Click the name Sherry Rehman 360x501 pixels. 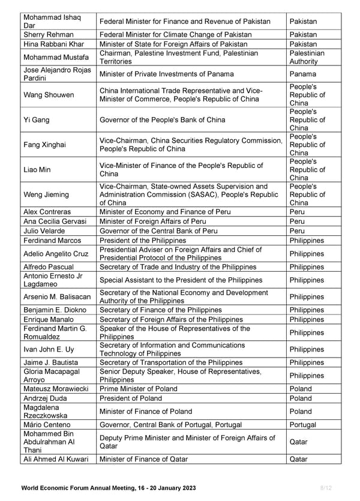(x=49, y=35)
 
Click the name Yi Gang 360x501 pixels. (x=36, y=120)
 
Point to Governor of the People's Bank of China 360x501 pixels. (x=163, y=120)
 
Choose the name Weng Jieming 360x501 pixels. (x=46, y=194)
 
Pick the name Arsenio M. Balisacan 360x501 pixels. (x=57, y=297)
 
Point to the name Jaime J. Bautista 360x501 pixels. (x=51, y=362)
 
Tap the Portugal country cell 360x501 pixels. (x=303, y=425)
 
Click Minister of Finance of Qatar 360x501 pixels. (x=143, y=459)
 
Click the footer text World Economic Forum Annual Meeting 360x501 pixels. (x=108, y=488)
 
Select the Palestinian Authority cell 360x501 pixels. (x=307, y=58)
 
